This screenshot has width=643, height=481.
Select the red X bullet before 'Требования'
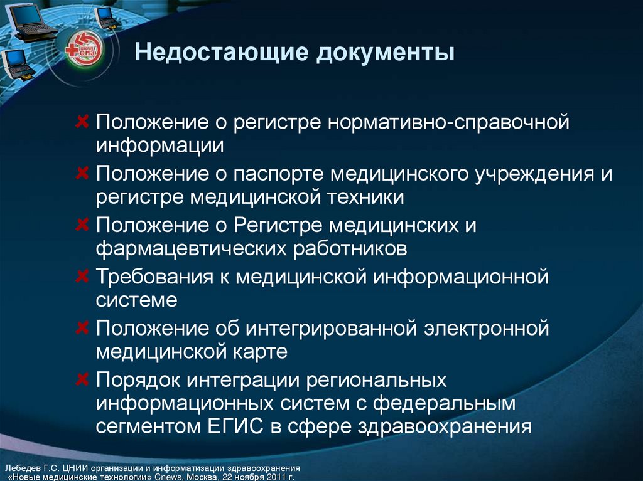point(82,276)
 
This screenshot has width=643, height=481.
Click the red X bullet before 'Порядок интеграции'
point(82,379)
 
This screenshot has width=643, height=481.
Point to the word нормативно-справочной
point(448,122)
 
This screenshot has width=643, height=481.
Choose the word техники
point(365,197)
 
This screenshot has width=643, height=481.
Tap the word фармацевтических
point(191,249)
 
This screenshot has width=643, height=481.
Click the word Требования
point(154,277)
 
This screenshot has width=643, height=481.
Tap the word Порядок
point(138,380)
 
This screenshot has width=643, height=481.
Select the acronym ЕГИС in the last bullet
point(235,426)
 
